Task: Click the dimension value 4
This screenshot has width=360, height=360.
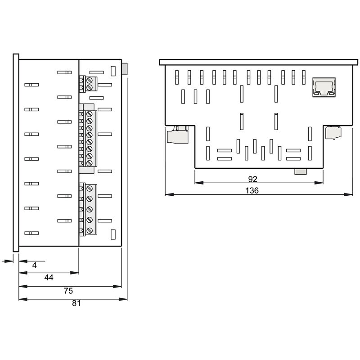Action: click(x=34, y=265)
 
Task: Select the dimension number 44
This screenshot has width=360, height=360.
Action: click(x=49, y=278)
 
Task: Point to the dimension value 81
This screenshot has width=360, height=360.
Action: click(x=76, y=303)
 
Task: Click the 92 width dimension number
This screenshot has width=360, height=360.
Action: click(x=259, y=179)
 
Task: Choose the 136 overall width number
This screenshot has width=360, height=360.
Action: click(x=252, y=191)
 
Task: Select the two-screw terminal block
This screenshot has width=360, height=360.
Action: click(x=88, y=83)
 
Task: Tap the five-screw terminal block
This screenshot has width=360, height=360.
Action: click(x=88, y=209)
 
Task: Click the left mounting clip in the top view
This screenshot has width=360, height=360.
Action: click(x=176, y=135)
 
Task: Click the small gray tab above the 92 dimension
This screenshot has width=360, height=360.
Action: click(x=300, y=171)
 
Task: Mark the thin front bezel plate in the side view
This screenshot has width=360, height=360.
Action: click(x=16, y=153)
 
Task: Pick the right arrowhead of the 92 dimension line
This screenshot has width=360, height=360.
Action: click(x=321, y=183)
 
